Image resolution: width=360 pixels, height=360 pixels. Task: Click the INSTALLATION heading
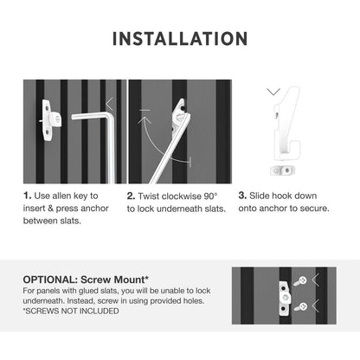click(x=180, y=39)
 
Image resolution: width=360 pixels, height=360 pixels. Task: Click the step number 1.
click(x=27, y=196)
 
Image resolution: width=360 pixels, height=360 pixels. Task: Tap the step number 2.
click(x=131, y=196)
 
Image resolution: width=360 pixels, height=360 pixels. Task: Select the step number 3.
click(x=242, y=196)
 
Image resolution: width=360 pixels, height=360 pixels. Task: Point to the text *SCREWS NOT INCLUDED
click(x=71, y=311)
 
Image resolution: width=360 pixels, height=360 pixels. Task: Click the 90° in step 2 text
click(x=210, y=196)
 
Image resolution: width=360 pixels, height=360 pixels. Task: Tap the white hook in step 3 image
click(x=287, y=124)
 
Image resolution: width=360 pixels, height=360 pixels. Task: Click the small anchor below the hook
click(x=280, y=170)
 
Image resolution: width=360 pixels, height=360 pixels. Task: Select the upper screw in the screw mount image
click(x=300, y=280)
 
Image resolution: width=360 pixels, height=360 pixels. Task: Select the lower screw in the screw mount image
click(x=300, y=307)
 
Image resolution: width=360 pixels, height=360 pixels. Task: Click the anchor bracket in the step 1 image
click(x=51, y=120)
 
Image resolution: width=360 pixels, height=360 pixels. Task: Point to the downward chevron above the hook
click(x=273, y=92)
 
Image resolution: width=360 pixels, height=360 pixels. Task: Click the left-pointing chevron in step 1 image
click(x=109, y=104)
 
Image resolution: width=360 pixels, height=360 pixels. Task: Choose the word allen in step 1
click(x=61, y=196)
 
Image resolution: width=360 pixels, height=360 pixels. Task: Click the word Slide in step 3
click(x=260, y=196)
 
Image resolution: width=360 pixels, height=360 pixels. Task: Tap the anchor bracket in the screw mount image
click(x=285, y=298)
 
